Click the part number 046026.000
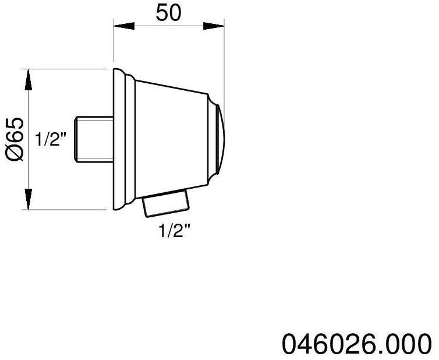tap(358, 343)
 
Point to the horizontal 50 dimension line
tap(168, 25)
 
